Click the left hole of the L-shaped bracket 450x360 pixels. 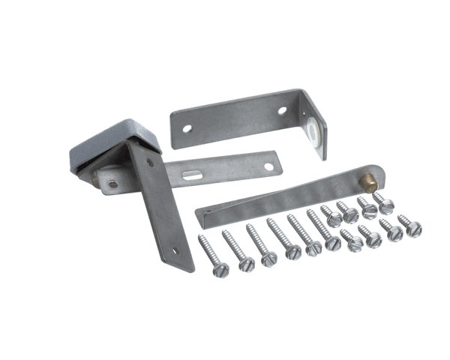click(187, 128)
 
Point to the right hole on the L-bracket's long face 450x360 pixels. click(282, 110)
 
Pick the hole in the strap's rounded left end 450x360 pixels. click(112, 183)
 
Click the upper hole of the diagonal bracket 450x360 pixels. click(150, 163)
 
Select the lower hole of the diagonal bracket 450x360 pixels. click(173, 251)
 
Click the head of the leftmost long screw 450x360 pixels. click(220, 269)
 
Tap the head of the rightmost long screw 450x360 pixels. click(333, 242)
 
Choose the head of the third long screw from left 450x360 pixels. click(268, 259)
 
